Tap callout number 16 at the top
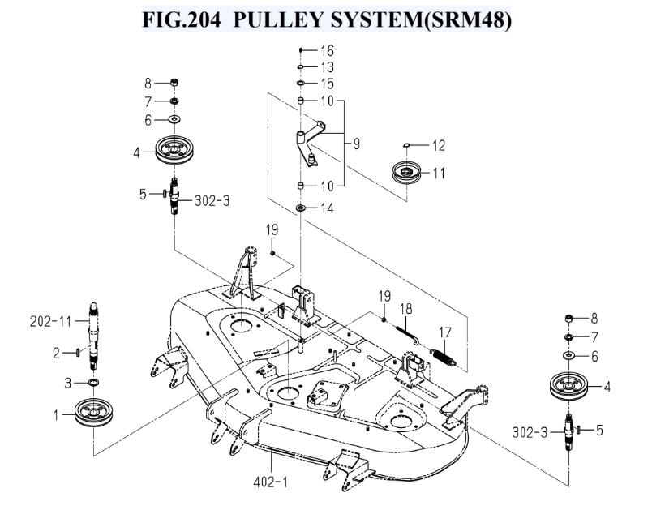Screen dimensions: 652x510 click(x=328, y=51)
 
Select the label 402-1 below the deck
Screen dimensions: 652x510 click(x=270, y=482)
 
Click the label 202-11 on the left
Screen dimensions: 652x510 click(x=51, y=321)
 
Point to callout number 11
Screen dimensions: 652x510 click(x=439, y=173)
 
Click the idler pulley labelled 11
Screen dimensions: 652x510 click(x=407, y=171)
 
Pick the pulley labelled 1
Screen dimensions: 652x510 click(x=94, y=413)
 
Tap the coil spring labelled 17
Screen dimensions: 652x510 click(x=444, y=358)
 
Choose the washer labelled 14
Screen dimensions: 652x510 click(x=300, y=208)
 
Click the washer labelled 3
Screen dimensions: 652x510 click(x=93, y=383)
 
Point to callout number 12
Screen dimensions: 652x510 click(x=439, y=145)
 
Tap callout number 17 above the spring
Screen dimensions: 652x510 click(x=445, y=332)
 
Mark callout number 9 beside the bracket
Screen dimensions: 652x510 click(x=356, y=144)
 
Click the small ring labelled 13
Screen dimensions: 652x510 click(x=300, y=66)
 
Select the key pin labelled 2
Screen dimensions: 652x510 click(x=78, y=353)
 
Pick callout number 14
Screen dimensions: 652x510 click(x=328, y=208)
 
